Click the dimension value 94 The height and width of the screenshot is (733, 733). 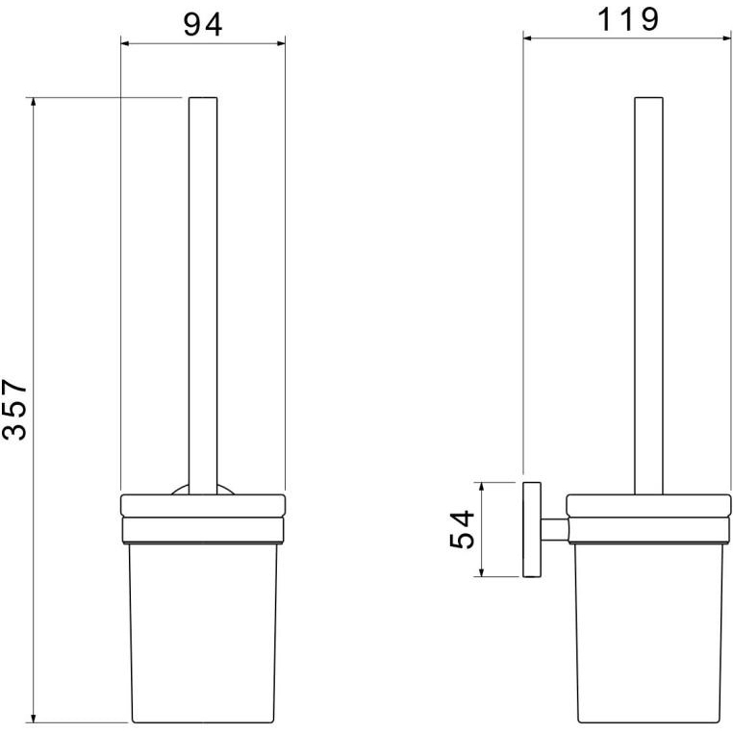pyautogui.click(x=202, y=25)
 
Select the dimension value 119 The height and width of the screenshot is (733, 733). pyautogui.click(x=628, y=19)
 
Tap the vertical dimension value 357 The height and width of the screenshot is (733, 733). pyautogui.click(x=15, y=410)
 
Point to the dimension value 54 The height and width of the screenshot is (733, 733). pyautogui.click(x=462, y=529)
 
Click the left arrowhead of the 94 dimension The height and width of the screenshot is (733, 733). pyautogui.click(x=125, y=43)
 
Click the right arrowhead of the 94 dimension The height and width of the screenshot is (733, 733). pyautogui.click(x=281, y=43)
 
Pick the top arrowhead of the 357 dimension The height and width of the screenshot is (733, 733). pyautogui.click(x=33, y=102)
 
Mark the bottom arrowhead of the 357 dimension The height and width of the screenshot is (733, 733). pyautogui.click(x=33, y=719)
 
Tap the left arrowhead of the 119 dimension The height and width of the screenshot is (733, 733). pyautogui.click(x=527, y=38)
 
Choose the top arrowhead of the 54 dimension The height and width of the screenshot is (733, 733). pyautogui.click(x=481, y=487)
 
